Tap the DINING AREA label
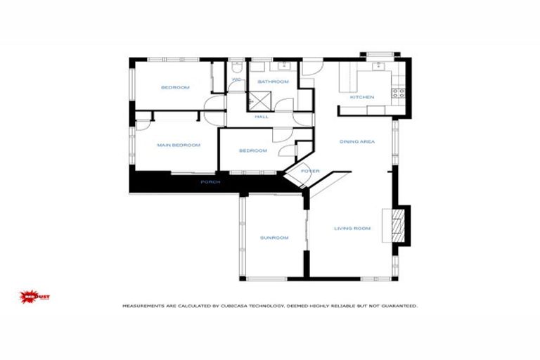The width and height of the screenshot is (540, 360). (357, 142)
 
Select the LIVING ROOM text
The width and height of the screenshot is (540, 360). (352, 228)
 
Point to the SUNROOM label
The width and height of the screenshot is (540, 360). (274, 238)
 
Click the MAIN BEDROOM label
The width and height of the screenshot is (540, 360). (179, 146)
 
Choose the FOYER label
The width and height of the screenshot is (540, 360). (310, 172)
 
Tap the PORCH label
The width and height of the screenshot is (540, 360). (210, 182)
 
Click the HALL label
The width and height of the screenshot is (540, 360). (262, 117)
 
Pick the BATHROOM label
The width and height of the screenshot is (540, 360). (273, 82)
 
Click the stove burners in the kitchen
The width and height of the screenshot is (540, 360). (398, 92)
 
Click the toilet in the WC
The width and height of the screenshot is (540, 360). (236, 68)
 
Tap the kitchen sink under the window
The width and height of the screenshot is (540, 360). (378, 66)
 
